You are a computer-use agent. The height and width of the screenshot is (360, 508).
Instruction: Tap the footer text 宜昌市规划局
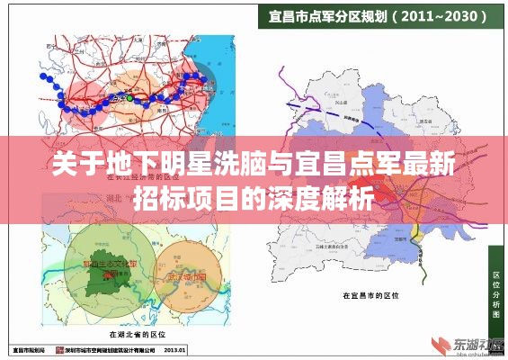(x=27, y=349)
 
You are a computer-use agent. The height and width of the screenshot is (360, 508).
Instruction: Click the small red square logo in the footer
(x=58, y=349)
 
